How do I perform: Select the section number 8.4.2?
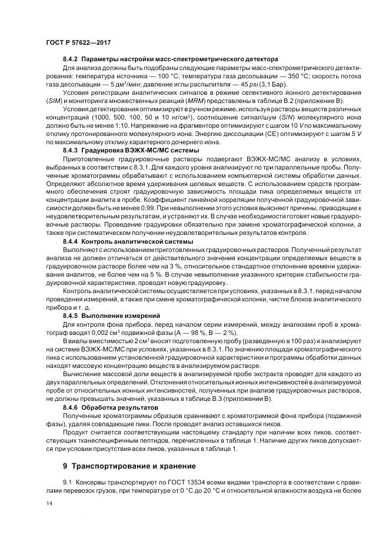71,60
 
